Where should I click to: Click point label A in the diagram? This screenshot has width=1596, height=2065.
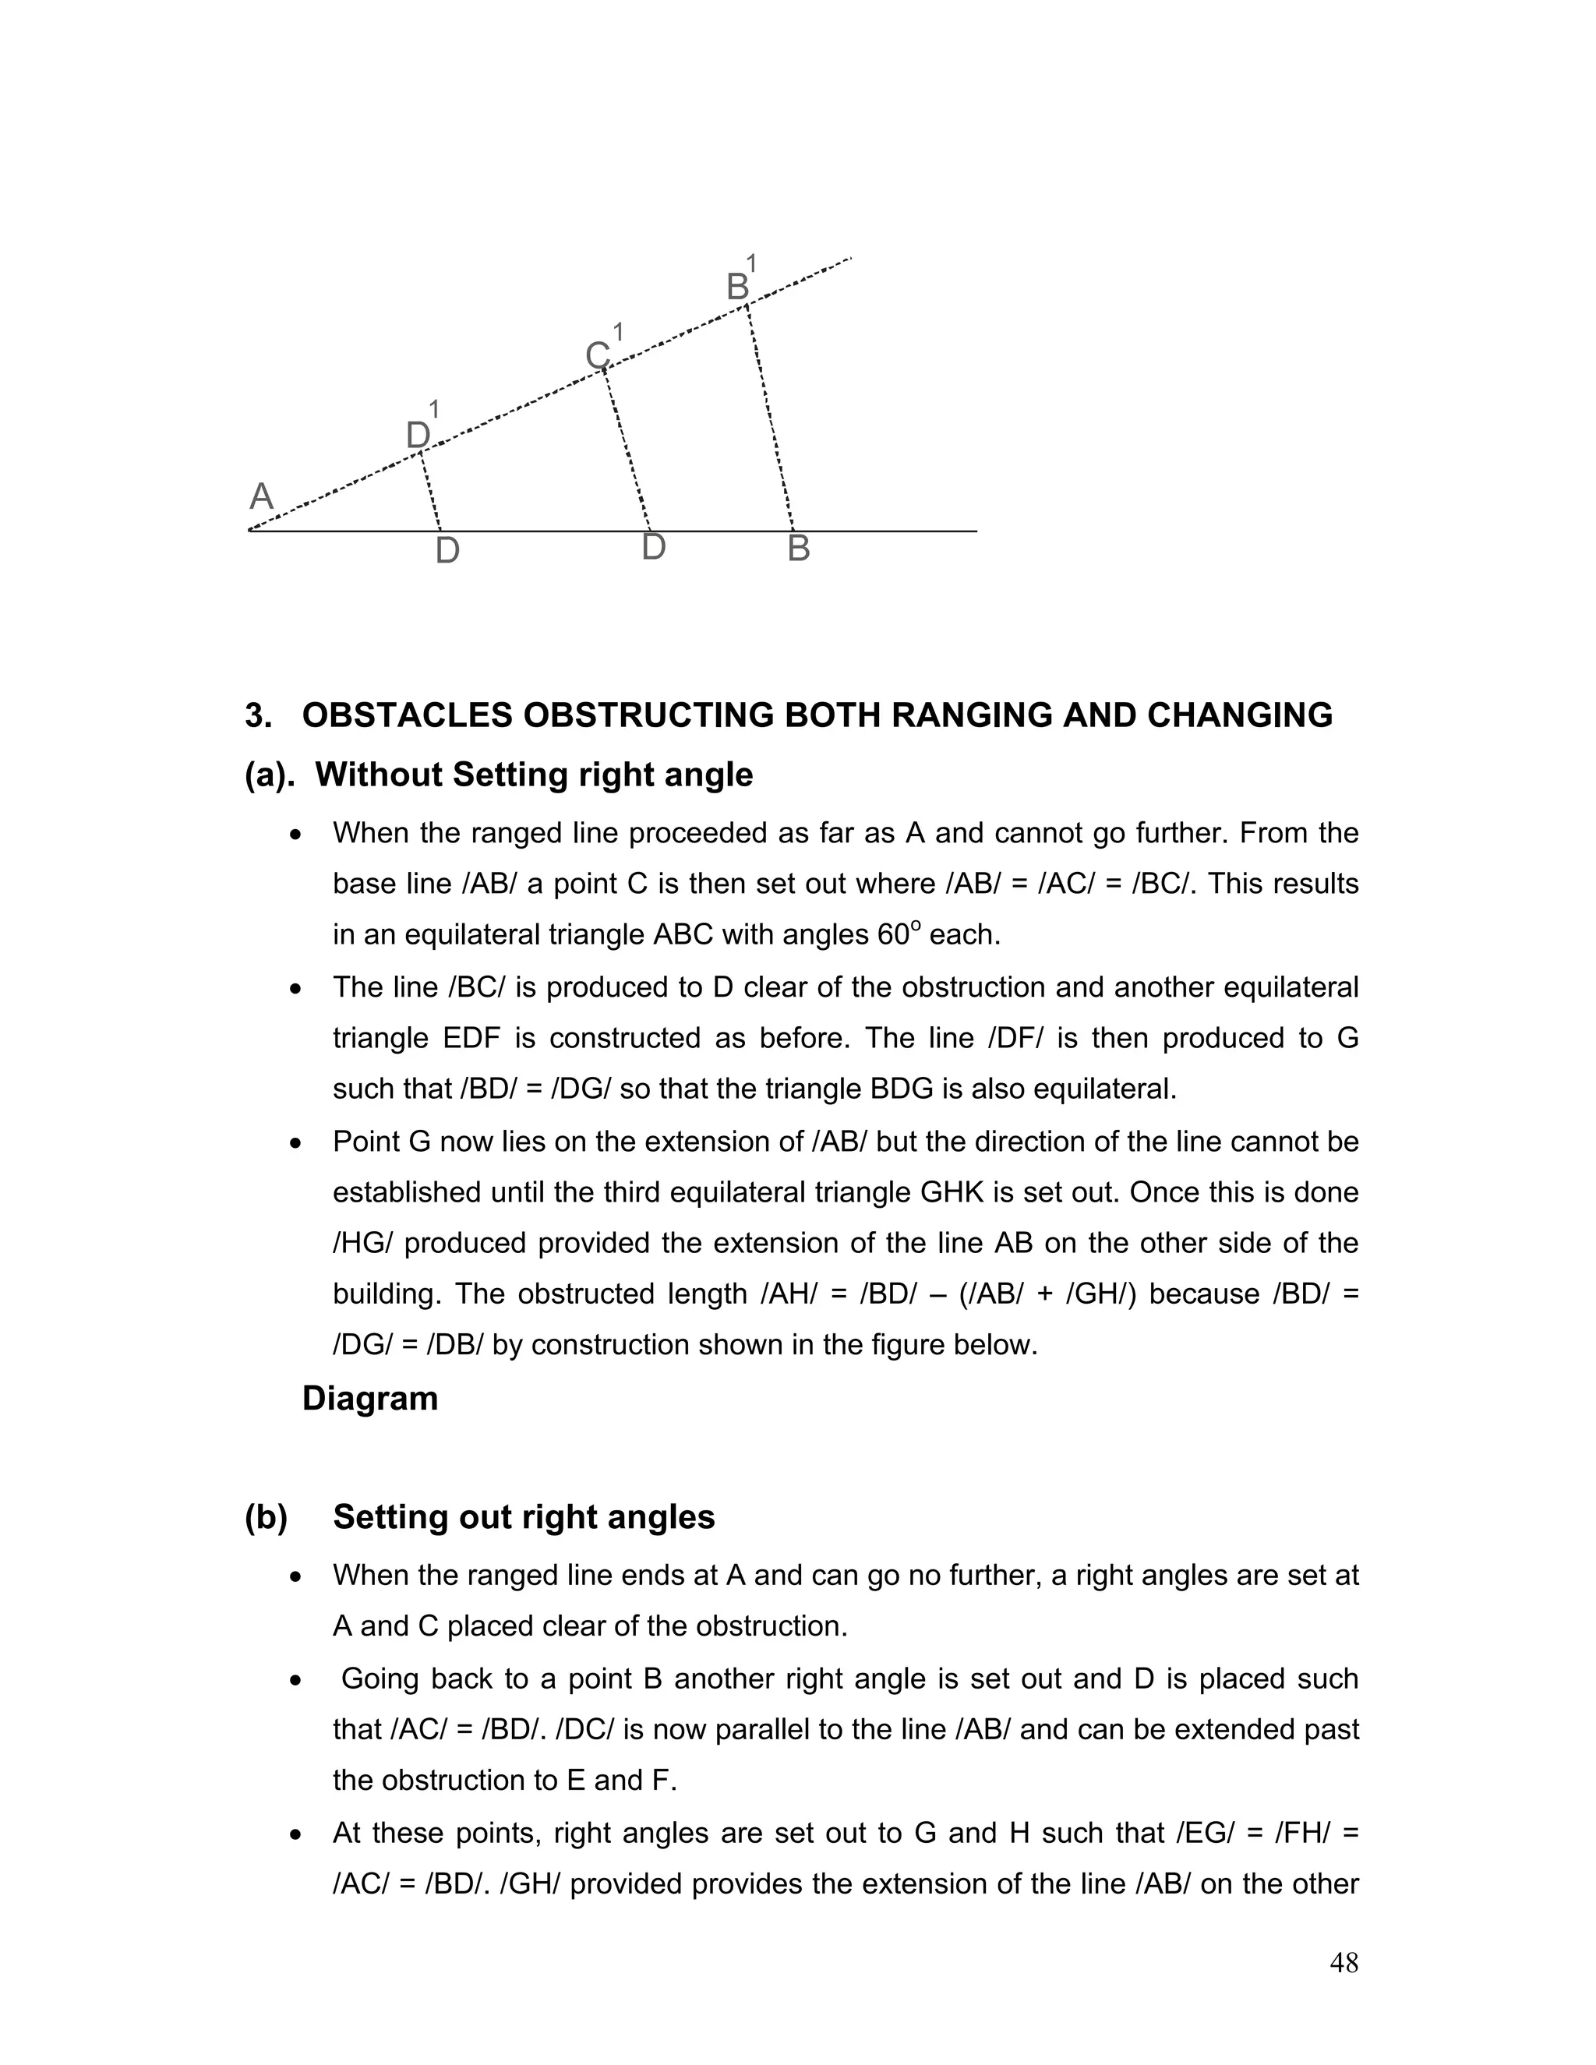tap(261, 496)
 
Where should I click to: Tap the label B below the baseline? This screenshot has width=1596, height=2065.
tap(798, 549)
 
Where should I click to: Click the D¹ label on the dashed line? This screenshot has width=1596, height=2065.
tap(421, 432)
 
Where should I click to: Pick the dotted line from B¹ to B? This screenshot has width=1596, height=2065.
tap(770, 416)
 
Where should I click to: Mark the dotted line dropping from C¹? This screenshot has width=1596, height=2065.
tap(627, 449)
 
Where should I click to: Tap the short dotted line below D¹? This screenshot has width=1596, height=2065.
tap(430, 492)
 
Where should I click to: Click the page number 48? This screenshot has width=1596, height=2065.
tap(1344, 1963)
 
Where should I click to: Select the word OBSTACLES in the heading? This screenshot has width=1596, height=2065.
tap(408, 716)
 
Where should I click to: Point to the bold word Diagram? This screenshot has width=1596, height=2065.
tap(369, 1399)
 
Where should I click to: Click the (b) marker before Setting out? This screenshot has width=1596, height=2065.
tap(266, 1516)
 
